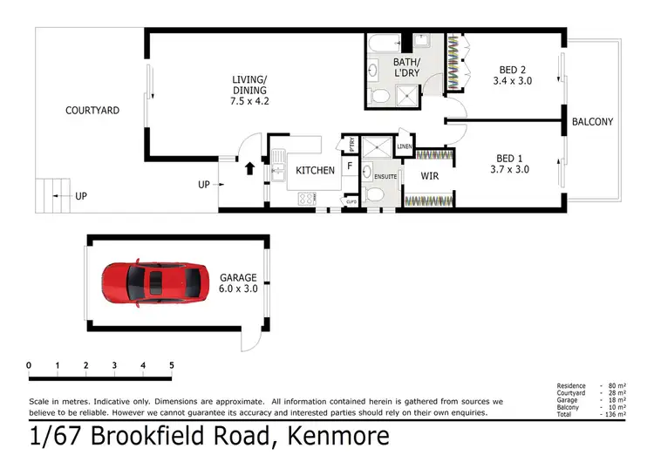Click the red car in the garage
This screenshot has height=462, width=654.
(158, 282)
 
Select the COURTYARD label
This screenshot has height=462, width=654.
(92, 111)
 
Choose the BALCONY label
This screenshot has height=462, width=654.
(593, 122)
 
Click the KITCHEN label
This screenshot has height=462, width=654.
(315, 170)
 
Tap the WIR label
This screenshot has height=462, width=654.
(429, 177)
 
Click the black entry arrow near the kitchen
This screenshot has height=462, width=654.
(252, 167)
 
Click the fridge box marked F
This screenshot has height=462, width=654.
(349, 165)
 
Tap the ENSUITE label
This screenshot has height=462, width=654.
(385, 177)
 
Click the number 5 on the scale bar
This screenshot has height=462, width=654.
(171, 365)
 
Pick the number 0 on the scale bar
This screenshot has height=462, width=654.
(29, 365)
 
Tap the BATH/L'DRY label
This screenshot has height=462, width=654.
(405, 68)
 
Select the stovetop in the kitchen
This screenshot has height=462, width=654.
(307, 199)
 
